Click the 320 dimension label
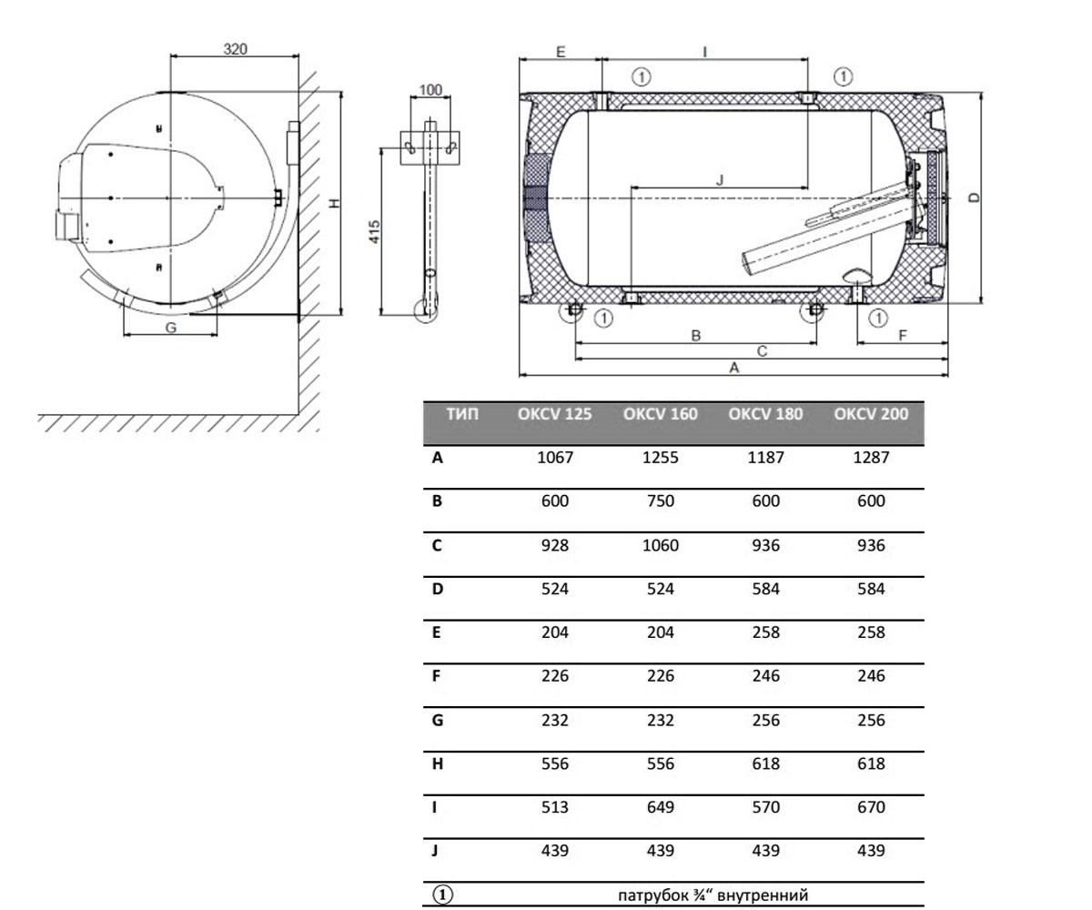(x=235, y=48)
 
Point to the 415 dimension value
(x=374, y=232)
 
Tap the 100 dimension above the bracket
(x=430, y=90)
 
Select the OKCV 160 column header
(x=660, y=414)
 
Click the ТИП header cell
(x=461, y=414)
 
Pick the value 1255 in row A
(x=660, y=458)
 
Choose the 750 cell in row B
(x=660, y=501)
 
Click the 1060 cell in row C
(x=660, y=545)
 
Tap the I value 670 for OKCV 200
(x=871, y=807)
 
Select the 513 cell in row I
(x=554, y=807)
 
